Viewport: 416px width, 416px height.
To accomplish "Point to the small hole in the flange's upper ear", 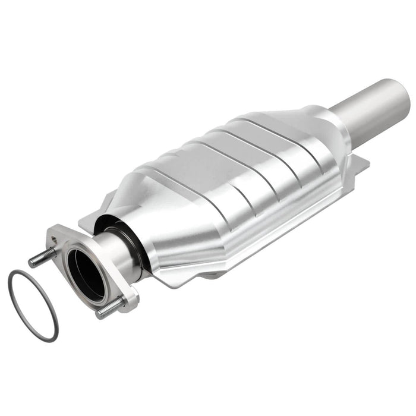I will tap(55, 239).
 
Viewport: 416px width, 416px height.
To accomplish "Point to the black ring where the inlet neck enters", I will tap(128, 238).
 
